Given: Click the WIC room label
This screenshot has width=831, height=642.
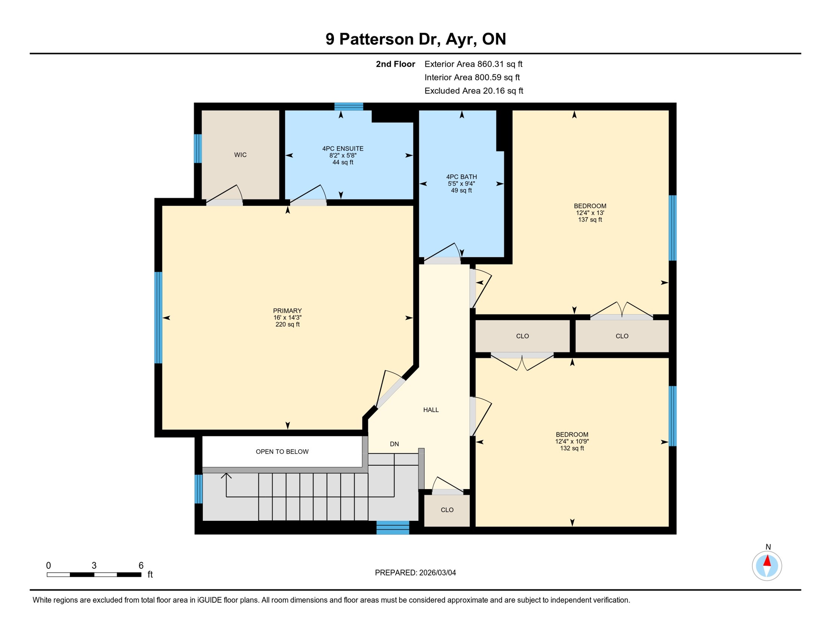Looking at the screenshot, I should pyautogui.click(x=240, y=155).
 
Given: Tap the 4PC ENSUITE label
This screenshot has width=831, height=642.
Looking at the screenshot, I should pyautogui.click(x=343, y=149).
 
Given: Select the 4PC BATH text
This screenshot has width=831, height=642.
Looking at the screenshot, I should pyautogui.click(x=461, y=177).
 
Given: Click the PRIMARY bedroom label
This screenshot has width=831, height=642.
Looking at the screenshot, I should pyautogui.click(x=287, y=311).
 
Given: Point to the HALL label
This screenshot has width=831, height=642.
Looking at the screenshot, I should pyautogui.click(x=431, y=410).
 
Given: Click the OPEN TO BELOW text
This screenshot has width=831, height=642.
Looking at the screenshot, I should pyautogui.click(x=282, y=452).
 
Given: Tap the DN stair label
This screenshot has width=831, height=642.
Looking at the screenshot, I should pyautogui.click(x=394, y=444).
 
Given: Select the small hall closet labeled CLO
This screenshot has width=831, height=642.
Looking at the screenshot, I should pyautogui.click(x=447, y=510).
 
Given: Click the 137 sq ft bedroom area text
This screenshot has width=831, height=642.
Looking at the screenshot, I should pyautogui.click(x=590, y=220).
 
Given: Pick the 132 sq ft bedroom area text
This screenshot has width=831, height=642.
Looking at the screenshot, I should pyautogui.click(x=572, y=448).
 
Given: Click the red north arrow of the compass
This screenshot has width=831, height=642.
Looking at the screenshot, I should pyautogui.click(x=767, y=561).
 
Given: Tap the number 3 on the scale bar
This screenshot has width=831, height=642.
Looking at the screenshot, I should pyautogui.click(x=94, y=566).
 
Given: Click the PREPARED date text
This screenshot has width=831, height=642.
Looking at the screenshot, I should pyautogui.click(x=415, y=573).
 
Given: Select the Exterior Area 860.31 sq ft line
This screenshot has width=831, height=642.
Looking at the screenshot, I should pyautogui.click(x=473, y=64).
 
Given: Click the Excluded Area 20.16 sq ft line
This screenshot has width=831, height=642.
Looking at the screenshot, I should pyautogui.click(x=474, y=91).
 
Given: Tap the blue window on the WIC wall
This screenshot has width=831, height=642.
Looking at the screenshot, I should pyautogui.click(x=198, y=148).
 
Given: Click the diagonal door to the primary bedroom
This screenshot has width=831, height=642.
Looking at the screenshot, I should pyautogui.click(x=391, y=392).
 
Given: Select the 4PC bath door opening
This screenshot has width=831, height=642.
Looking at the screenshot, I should pyautogui.click(x=443, y=261).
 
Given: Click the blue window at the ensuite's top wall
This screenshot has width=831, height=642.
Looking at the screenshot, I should pyautogui.click(x=349, y=106).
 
